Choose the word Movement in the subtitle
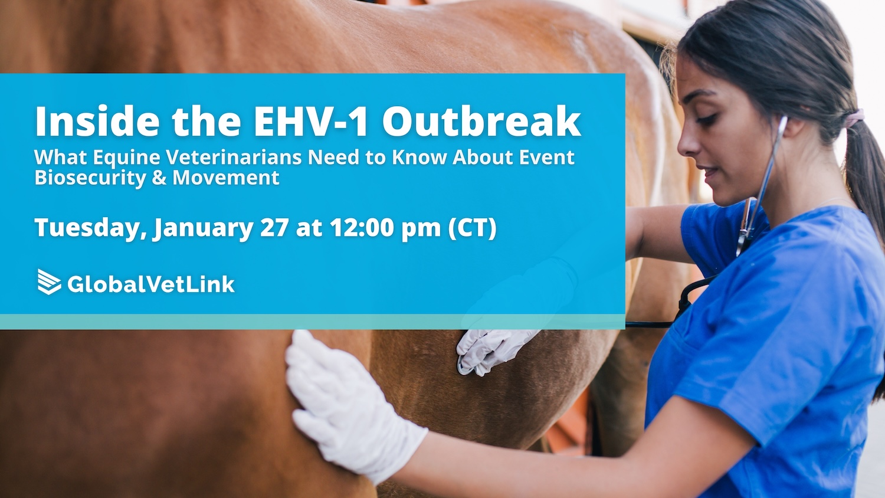pos(226,178)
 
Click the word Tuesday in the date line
pos(90,228)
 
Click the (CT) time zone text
pos(472,228)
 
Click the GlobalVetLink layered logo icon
pos(49,282)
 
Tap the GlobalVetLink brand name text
pos(151,284)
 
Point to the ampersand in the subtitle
pos(159,178)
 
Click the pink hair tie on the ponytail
pos(853,118)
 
